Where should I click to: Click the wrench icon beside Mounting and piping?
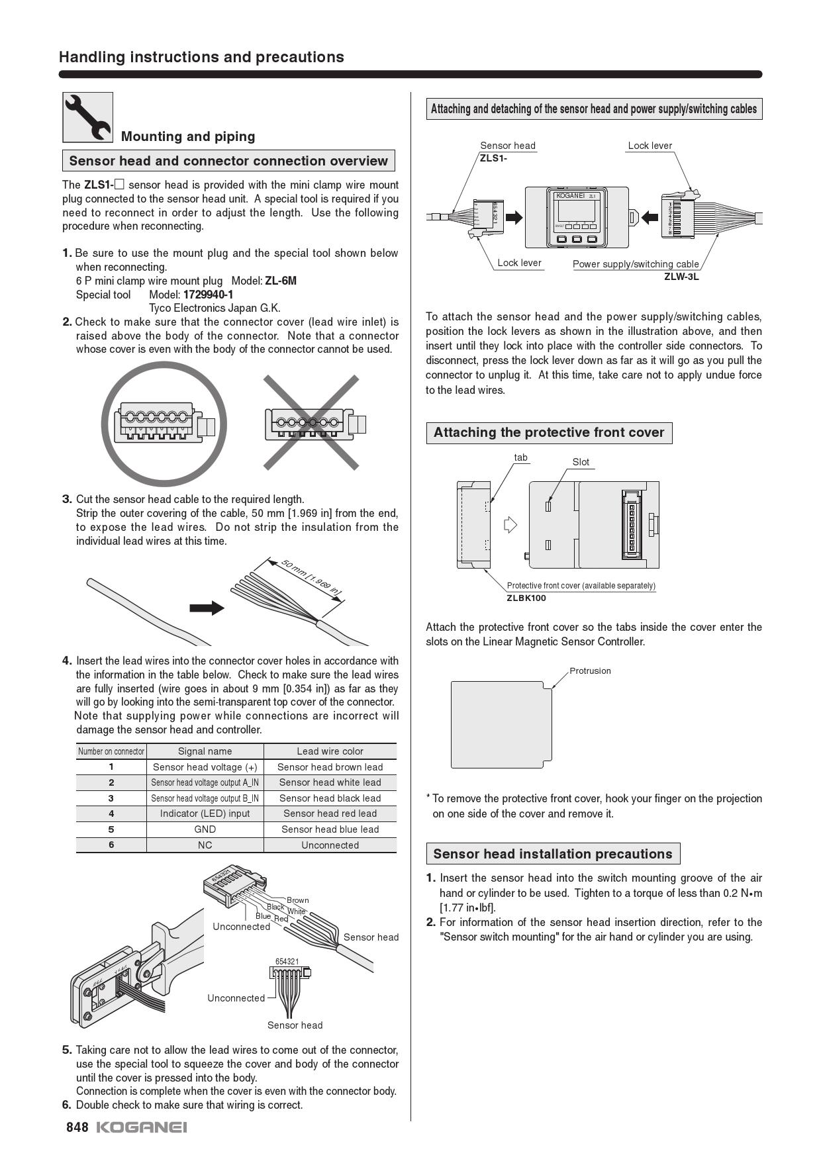pyautogui.click(x=88, y=117)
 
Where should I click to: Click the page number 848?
pyautogui.click(x=77, y=1127)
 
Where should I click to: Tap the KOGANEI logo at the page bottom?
pyautogui.click(x=142, y=1127)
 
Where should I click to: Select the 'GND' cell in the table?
pyautogui.click(x=205, y=829)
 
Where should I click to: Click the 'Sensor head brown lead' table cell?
pyautogui.click(x=330, y=767)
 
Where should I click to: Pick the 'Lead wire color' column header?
pyautogui.click(x=330, y=751)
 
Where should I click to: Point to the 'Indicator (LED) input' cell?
pyautogui.click(x=205, y=813)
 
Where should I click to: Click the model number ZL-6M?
pyautogui.click(x=281, y=281)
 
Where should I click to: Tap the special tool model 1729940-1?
pyautogui.click(x=208, y=295)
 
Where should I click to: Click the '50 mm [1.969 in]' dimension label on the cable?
pyautogui.click(x=311, y=577)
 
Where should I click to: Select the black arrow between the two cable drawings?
pyautogui.click(x=207, y=608)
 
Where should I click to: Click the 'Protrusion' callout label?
pyautogui.click(x=590, y=671)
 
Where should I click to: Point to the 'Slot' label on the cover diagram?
pyautogui.click(x=581, y=462)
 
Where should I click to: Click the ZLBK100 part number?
pyautogui.click(x=526, y=598)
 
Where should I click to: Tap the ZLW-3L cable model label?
pyautogui.click(x=681, y=277)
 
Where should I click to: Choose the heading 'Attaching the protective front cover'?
pyautogui.click(x=549, y=433)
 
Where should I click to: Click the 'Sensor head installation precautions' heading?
pyautogui.click(x=553, y=854)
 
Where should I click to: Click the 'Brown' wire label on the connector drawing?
pyautogui.click(x=297, y=900)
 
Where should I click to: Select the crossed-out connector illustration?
pyautogui.click(x=312, y=423)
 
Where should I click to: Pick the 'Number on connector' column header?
pyautogui.click(x=111, y=751)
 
